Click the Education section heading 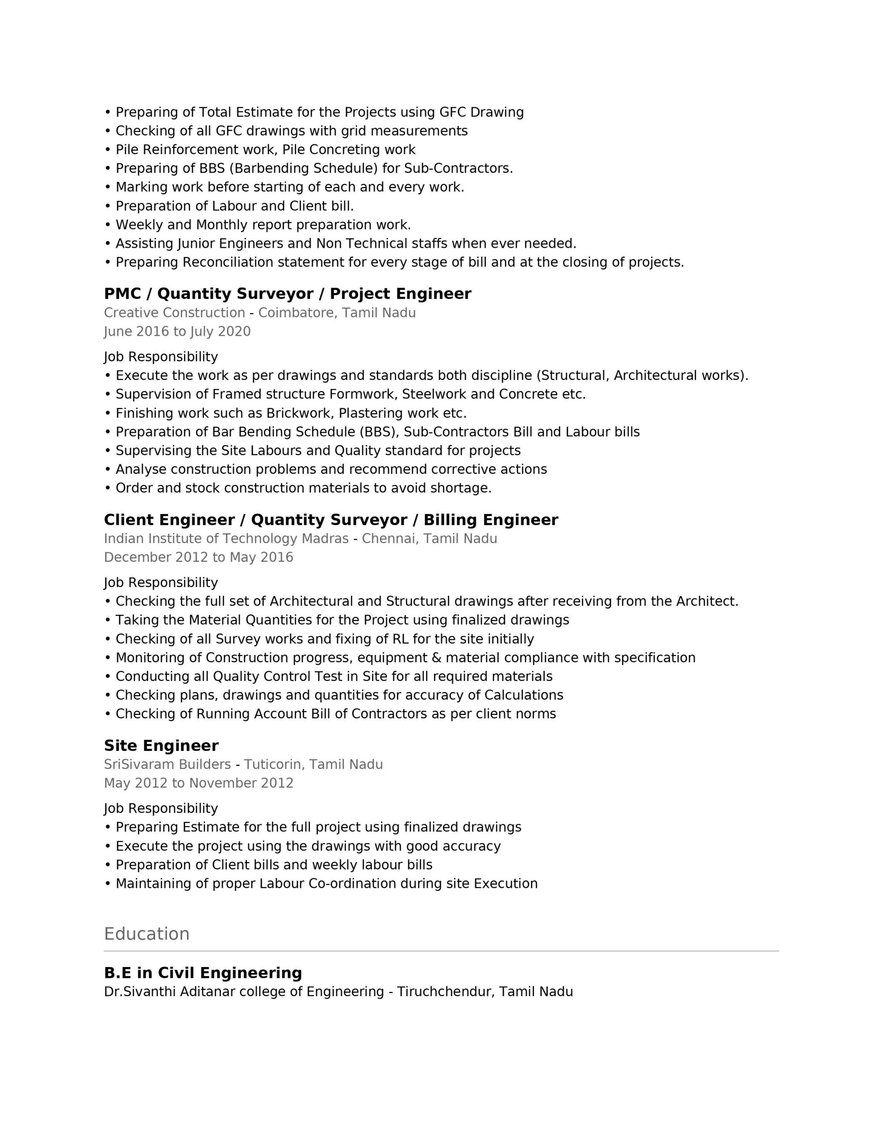coord(146,934)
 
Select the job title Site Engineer coord(161,746)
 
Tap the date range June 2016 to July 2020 coord(177,331)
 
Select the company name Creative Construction coord(174,313)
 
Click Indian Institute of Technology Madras coord(226,538)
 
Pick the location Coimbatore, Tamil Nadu coord(337,313)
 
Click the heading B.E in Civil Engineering coord(203,973)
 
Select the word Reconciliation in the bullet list coord(228,262)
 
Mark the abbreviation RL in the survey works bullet coord(400,639)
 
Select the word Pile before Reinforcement coord(127,150)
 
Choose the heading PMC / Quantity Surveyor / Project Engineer coord(287,294)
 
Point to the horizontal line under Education coord(441,951)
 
